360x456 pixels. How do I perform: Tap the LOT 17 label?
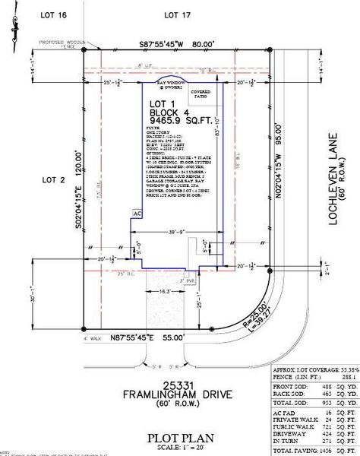pyautogui.click(x=176, y=14)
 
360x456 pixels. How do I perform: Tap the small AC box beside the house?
pyautogui.click(x=137, y=214)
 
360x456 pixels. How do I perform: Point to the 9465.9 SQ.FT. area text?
pyautogui.click(x=180, y=119)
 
